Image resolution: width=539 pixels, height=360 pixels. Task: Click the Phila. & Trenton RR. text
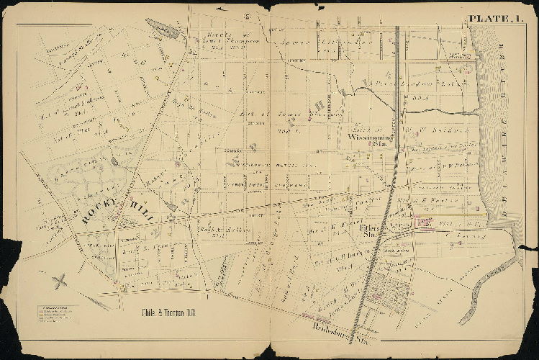[x=166, y=315]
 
